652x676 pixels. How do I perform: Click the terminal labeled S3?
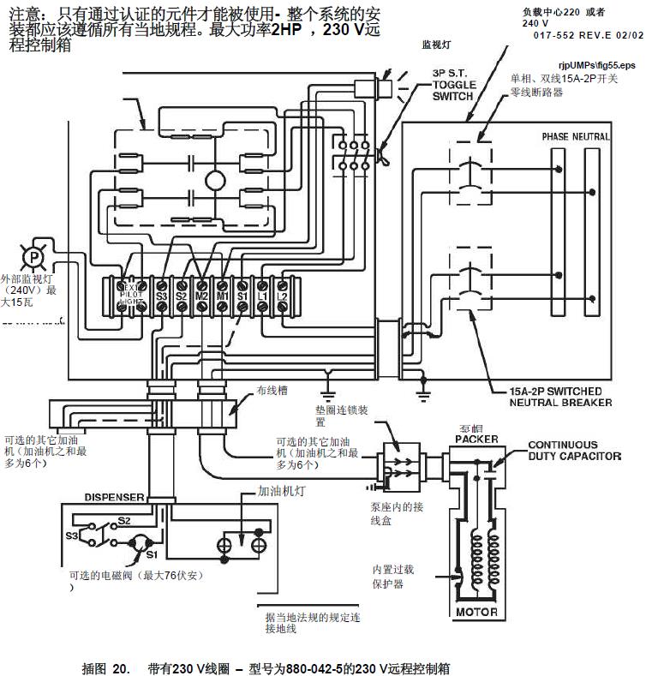(x=160, y=296)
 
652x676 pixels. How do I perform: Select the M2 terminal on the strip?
(x=201, y=296)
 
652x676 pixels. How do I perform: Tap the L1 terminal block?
(x=263, y=296)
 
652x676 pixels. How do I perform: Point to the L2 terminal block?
(x=283, y=296)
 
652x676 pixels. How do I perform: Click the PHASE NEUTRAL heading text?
(x=576, y=137)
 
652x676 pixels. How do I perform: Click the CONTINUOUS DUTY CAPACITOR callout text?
(x=574, y=451)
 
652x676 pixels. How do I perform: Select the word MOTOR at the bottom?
(x=476, y=612)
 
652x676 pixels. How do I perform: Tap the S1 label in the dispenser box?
(x=138, y=556)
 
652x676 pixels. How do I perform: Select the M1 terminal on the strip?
(x=222, y=296)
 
